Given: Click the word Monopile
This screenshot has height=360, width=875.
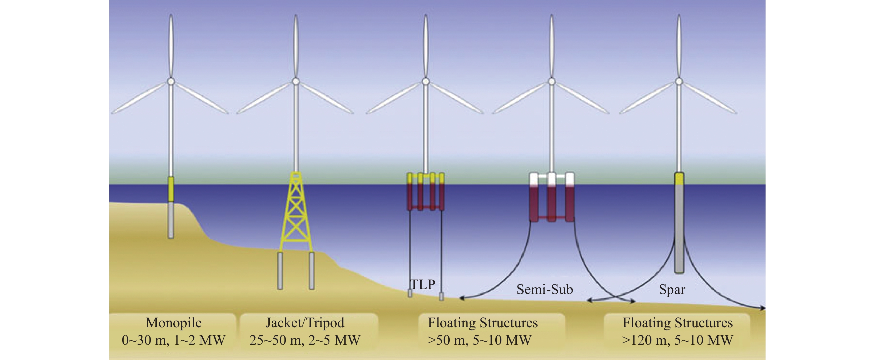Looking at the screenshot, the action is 174,323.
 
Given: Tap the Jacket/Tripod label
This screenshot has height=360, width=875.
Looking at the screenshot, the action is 305,323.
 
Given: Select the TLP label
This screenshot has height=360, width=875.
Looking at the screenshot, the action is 422,284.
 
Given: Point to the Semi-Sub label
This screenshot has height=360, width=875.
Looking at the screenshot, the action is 545,289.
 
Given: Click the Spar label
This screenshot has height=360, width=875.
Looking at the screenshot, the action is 672,289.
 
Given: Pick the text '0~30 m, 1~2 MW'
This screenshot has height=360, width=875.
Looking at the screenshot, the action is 174,340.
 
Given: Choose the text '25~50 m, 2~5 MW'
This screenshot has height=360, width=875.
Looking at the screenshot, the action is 305,340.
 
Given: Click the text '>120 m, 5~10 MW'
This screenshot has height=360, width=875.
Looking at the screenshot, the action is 678,340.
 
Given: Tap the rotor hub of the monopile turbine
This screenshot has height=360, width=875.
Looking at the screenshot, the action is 171,81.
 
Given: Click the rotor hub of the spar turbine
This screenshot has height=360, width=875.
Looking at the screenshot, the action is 679,81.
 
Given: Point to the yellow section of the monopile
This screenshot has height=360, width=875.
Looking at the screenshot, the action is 171,189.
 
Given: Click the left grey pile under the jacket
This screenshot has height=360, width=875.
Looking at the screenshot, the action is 280,271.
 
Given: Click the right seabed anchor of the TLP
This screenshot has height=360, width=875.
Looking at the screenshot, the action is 441,296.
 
